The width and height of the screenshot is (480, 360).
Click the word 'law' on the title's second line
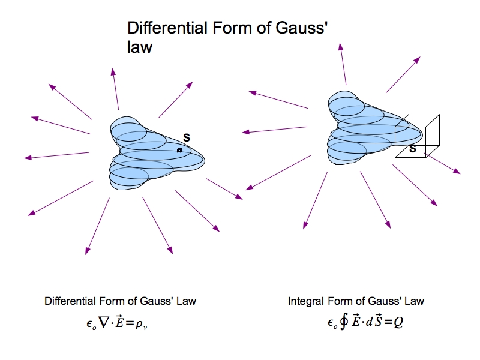pos(140,47)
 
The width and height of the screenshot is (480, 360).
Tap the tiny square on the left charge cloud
pos(179,150)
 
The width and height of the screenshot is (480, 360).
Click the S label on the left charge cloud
pos(186,138)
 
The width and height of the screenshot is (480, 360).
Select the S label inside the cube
pos(413,148)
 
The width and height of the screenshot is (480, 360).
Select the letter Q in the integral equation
pos(398,322)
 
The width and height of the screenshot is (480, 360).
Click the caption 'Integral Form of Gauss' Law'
pos(356,301)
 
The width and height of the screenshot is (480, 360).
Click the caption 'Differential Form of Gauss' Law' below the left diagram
pos(120,301)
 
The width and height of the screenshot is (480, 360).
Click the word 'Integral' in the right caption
pos(306,301)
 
